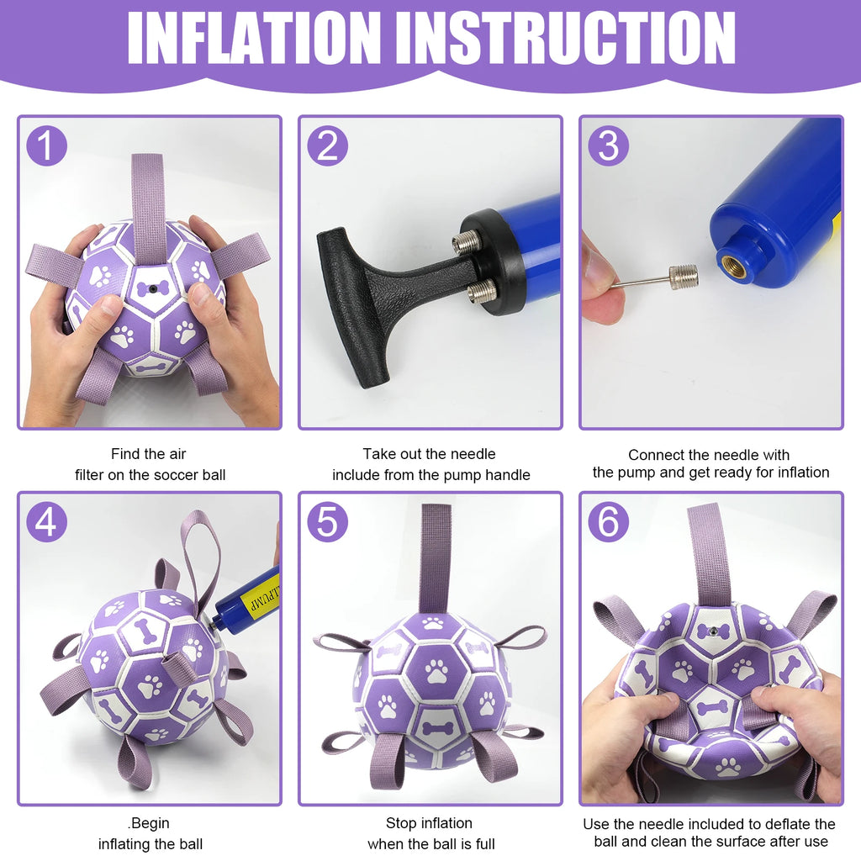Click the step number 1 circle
[x=46, y=145]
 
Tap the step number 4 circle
[x=46, y=521]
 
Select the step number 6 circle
[x=607, y=521]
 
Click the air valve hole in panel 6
[x=714, y=629]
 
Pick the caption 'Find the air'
[x=150, y=454]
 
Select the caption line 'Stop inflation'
[x=429, y=823]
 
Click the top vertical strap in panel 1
[x=149, y=202]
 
